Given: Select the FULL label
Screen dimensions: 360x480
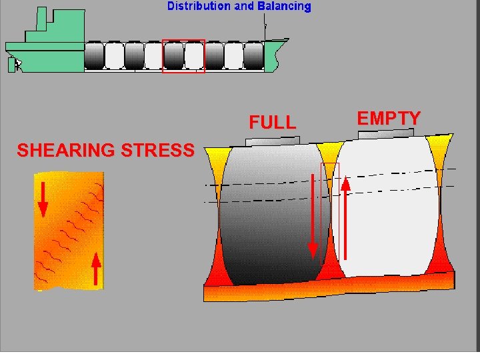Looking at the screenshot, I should click(x=272, y=123).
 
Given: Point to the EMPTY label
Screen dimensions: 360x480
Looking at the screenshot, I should click(x=389, y=119).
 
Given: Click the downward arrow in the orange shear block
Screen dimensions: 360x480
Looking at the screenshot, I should click(x=43, y=199).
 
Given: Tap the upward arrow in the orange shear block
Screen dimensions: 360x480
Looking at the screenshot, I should click(x=96, y=269).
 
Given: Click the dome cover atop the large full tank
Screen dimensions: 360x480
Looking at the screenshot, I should click(x=272, y=141).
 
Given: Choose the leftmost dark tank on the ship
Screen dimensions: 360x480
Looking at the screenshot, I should click(x=94, y=56).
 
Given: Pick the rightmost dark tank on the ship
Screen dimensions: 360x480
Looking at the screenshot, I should click(x=253, y=56).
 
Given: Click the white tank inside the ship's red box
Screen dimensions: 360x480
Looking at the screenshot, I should click(x=194, y=56).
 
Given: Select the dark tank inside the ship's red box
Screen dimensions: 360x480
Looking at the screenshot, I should click(x=174, y=56).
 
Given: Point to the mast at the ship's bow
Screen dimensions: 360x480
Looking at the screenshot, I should click(x=265, y=30).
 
